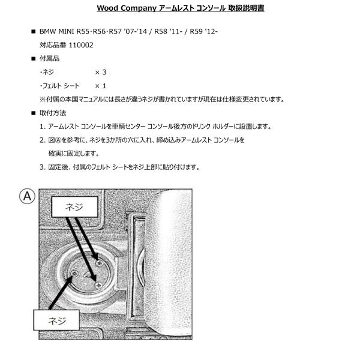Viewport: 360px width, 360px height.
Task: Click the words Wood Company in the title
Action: [125, 8]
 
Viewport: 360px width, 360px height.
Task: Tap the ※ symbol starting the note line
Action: [43, 100]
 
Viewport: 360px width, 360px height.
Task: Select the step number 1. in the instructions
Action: [43, 127]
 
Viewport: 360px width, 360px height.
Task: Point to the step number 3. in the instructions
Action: [43, 167]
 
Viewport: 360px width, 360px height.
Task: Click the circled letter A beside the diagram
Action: [27, 196]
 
